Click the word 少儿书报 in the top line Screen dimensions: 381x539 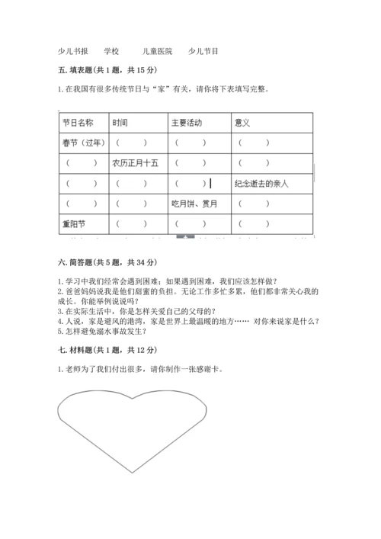tap(73, 51)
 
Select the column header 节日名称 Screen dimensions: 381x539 tap(78, 122)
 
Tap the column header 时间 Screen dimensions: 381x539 tap(120, 122)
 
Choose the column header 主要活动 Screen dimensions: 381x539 tap(187, 122)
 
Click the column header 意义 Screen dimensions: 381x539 tap(243, 122)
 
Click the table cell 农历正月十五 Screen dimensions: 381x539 tap(135, 163)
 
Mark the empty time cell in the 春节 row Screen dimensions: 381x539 tap(130, 143)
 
